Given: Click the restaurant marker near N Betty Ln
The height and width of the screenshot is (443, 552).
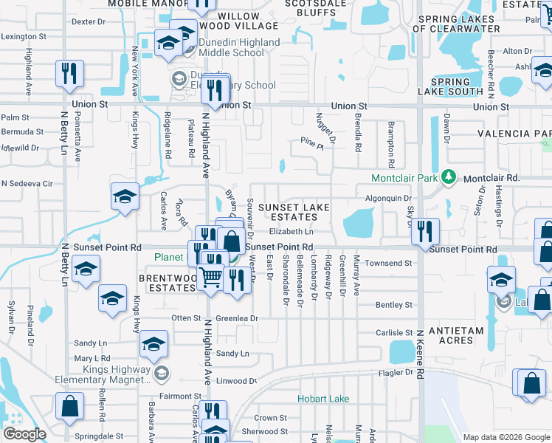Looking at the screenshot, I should tap(69, 74).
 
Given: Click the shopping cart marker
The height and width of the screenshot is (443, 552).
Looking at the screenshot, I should tap(212, 278).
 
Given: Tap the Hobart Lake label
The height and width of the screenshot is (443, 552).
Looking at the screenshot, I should tap(323, 399).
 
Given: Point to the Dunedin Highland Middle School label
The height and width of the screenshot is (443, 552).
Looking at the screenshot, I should tap(229, 48).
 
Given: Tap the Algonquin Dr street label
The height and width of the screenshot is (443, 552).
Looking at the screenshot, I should tap(387, 199).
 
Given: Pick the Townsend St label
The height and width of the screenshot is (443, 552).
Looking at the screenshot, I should tap(387, 263).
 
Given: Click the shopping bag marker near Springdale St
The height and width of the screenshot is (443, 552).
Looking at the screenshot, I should tap(69, 405).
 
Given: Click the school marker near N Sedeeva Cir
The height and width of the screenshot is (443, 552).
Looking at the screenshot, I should tap(124, 196).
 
